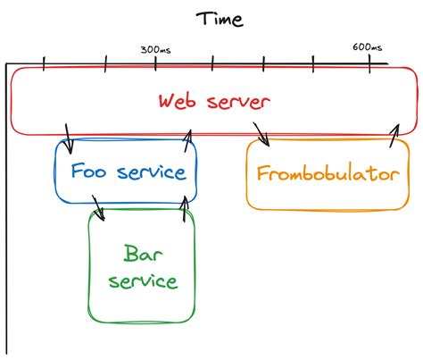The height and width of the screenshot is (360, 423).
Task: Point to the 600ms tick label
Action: tap(367, 47)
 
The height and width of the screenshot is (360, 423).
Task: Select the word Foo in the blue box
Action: tap(90, 172)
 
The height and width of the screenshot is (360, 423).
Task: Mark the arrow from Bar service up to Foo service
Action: tap(185, 208)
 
